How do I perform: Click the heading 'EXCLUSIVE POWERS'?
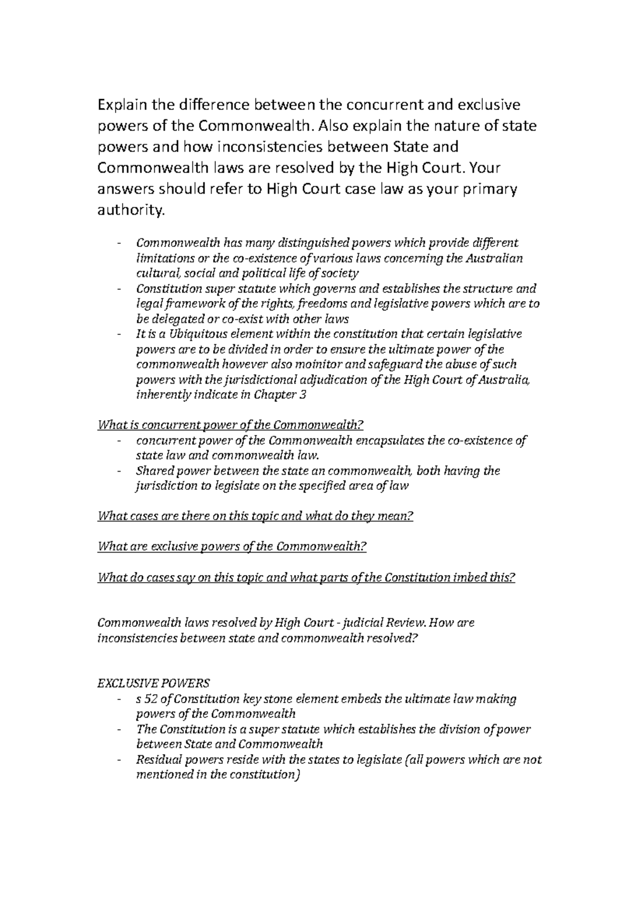[154, 683]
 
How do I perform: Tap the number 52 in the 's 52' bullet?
[153, 699]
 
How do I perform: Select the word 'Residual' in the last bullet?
[156, 759]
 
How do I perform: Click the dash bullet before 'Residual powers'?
[118, 760]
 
